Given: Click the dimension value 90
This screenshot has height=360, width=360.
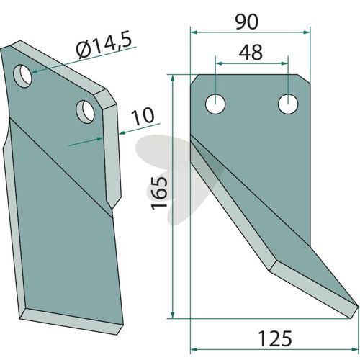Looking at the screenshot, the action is point(247,22).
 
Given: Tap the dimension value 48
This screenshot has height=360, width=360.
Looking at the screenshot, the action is point(251,52).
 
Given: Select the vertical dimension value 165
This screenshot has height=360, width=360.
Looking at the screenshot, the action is point(159,194).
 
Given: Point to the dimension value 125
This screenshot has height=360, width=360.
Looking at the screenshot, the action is point(275,338).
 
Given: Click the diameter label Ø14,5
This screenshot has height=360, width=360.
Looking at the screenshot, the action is point(104,45).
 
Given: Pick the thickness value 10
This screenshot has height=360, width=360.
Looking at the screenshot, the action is point(143,117).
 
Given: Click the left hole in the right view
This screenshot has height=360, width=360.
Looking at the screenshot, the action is point(215,104).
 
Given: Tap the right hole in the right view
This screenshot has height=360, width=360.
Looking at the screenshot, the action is point(288,104).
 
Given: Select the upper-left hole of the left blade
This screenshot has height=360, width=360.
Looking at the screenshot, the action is point(23,76).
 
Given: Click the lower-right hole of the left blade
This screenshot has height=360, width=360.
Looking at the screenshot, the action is point(85,112).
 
